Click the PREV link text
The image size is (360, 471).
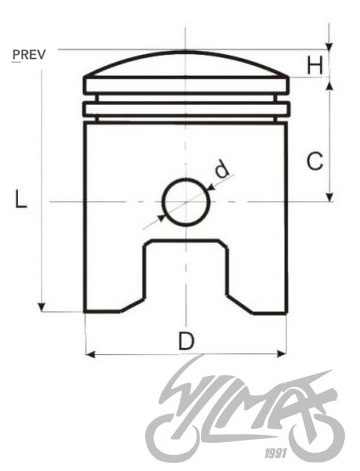(29, 55)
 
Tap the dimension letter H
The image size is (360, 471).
(315, 65)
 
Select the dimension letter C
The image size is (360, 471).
(315, 161)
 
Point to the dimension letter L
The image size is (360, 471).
(21, 199)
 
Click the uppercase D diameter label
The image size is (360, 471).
(186, 341)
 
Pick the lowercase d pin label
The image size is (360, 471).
(222, 169)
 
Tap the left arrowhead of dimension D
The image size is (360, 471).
(91, 354)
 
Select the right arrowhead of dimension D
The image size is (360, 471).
(282, 354)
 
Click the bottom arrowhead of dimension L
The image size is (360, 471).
(41, 307)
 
